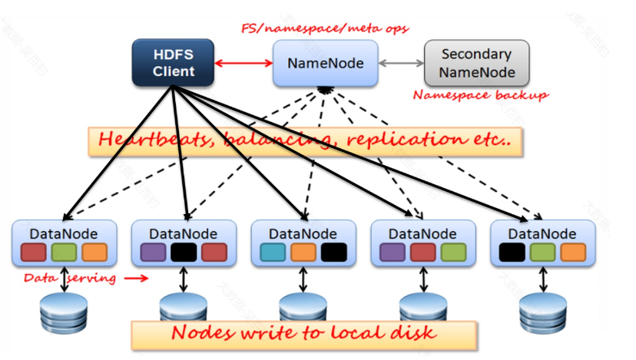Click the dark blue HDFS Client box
[173, 62]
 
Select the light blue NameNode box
[326, 63]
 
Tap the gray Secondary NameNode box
[476, 63]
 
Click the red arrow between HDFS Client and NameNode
[243, 63]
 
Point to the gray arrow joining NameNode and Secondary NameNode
[401, 63]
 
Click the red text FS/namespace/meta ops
[325, 28]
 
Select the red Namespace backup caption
[481, 95]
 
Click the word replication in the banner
[406, 140]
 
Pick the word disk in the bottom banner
[413, 333]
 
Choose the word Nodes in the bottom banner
[203, 333]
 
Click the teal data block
[273, 252]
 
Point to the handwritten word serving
[91, 279]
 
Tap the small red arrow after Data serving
[136, 278]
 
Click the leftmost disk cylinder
[64, 312]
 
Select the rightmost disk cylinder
[543, 312]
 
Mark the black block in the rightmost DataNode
[512, 252]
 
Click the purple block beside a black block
[153, 252]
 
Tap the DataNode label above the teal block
[303, 234]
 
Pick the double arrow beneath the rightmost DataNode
[543, 279]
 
